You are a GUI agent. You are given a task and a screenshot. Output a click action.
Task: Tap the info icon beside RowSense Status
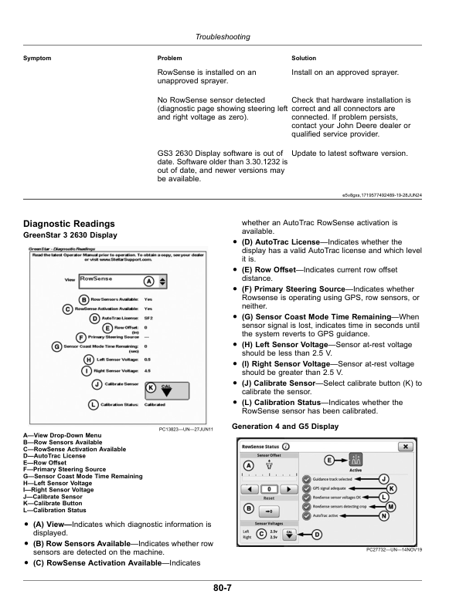pyautogui.click(x=286, y=447)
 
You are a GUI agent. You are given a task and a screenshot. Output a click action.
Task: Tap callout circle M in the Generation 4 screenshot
pyautogui.click(x=391, y=506)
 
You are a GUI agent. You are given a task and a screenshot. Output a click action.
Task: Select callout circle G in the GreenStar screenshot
pyautogui.click(x=57, y=346)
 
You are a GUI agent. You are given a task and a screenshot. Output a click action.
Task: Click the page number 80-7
pyautogui.click(x=225, y=588)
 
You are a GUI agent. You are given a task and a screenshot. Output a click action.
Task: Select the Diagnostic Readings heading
pyautogui.click(x=70, y=224)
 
